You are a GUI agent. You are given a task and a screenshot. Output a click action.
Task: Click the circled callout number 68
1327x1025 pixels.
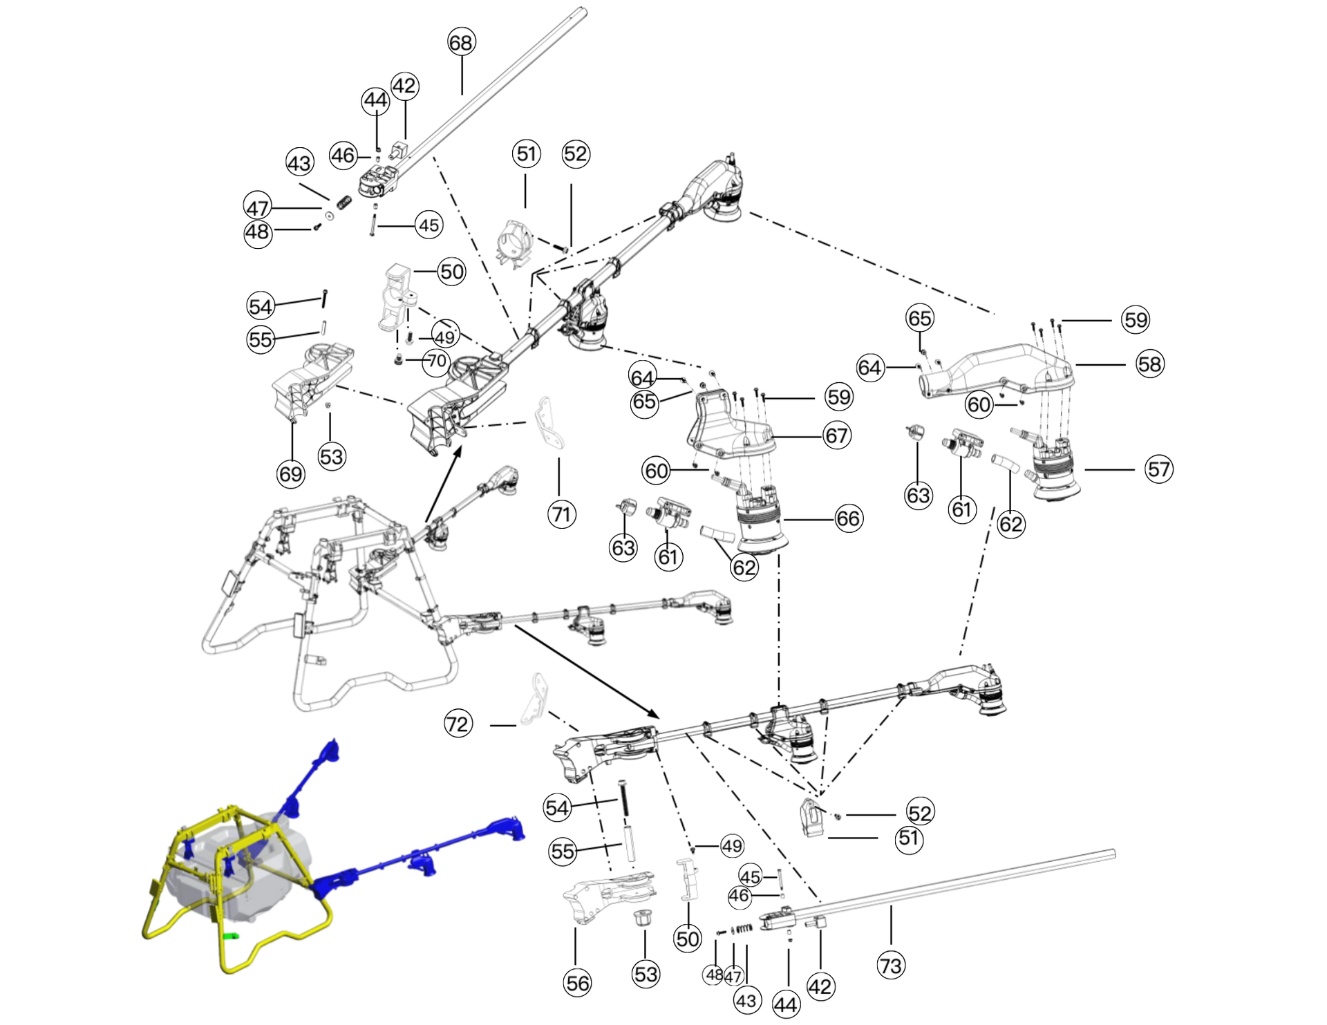[x=461, y=42]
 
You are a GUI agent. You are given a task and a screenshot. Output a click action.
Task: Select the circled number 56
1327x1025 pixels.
[x=578, y=982]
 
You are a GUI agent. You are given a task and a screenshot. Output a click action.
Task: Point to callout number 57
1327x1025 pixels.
[x=1159, y=469]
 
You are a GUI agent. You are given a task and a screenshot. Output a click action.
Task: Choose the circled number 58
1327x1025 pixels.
[x=1150, y=364]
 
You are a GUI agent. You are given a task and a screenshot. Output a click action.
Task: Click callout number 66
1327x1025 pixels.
[x=848, y=518]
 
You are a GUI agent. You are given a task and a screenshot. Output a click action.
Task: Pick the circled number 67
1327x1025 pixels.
[x=836, y=435]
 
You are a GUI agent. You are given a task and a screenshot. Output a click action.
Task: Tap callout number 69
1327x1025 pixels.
[x=290, y=473]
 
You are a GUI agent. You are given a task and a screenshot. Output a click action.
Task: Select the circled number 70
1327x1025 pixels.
[x=437, y=361]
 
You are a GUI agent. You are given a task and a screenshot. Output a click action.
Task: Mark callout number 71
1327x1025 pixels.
[x=561, y=514]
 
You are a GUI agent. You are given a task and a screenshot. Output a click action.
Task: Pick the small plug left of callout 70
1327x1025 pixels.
[x=399, y=360]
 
